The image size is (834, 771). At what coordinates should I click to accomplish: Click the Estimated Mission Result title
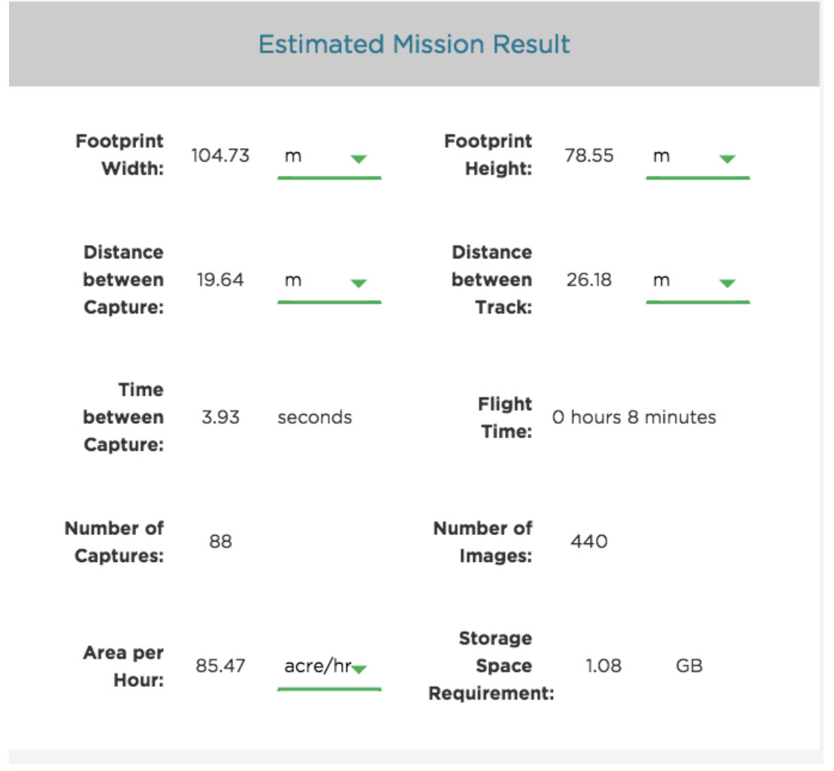[x=414, y=44]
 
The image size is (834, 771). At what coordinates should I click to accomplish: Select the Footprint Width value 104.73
[x=220, y=156]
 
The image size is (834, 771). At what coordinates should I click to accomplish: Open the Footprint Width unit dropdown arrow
[x=358, y=159]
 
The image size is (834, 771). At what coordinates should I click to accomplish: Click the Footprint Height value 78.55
[x=589, y=156]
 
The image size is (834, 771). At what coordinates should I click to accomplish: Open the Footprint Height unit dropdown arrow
[x=727, y=159]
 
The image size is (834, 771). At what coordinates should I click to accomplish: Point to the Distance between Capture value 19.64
[x=220, y=280]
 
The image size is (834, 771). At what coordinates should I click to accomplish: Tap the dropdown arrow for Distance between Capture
[x=358, y=283]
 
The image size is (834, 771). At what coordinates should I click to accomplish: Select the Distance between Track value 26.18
[x=589, y=280]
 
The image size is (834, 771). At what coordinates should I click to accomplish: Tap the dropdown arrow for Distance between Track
[x=727, y=283]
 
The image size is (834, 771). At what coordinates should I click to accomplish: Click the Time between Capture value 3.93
[x=220, y=417]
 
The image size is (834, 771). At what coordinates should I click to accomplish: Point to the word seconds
[x=314, y=417]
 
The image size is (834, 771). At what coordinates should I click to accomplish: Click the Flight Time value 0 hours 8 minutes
[x=634, y=417]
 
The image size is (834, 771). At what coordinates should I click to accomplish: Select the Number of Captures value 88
[x=220, y=541]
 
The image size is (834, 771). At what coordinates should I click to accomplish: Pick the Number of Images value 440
[x=589, y=541]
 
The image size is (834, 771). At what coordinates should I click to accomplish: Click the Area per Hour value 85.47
[x=220, y=666]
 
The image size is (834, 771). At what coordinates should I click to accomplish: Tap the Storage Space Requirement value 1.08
[x=603, y=666]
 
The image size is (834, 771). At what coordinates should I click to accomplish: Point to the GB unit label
[x=689, y=666]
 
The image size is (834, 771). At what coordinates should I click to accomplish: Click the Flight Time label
[x=504, y=417]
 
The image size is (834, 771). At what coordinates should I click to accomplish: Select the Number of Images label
[x=483, y=542]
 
